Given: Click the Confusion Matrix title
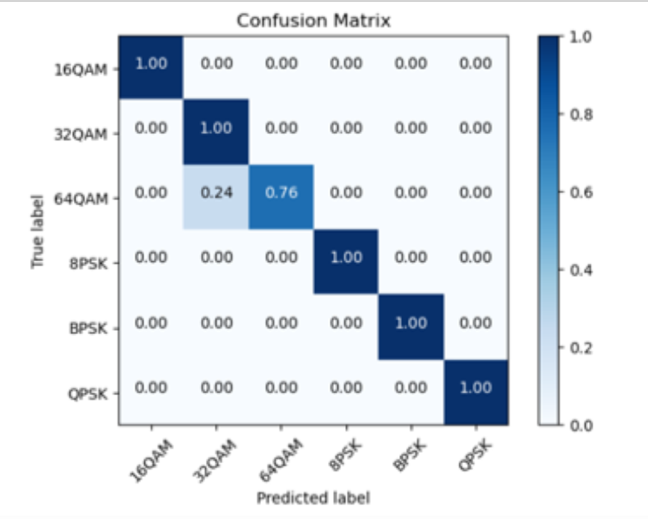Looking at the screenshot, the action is pyautogui.click(x=313, y=20).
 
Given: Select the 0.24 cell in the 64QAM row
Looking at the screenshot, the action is pyautogui.click(x=216, y=196).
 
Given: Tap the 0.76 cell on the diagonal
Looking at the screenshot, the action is pyautogui.click(x=281, y=196).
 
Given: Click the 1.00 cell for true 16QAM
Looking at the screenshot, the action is pyautogui.click(x=151, y=67).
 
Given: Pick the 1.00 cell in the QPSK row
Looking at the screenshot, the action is pyautogui.click(x=476, y=392).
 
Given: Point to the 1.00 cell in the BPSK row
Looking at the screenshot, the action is pyautogui.click(x=411, y=327).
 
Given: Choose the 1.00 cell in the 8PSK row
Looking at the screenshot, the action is pyautogui.click(x=346, y=262).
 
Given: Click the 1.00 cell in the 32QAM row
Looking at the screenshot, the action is pyautogui.click(x=216, y=132).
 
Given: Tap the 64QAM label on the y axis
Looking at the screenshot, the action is pyautogui.click(x=81, y=199).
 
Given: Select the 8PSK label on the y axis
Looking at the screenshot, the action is pyautogui.click(x=88, y=264).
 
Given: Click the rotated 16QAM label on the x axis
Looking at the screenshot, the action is pyautogui.click(x=151, y=461).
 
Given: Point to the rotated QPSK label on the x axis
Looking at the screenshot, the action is pyautogui.click(x=475, y=456).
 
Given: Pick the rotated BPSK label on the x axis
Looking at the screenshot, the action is pyautogui.click(x=410, y=456).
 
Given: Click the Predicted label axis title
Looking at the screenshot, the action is pyautogui.click(x=313, y=498).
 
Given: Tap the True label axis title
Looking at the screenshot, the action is pyautogui.click(x=37, y=231).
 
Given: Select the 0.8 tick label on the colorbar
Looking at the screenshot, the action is pyautogui.click(x=581, y=114).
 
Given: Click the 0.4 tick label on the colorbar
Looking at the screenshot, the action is pyautogui.click(x=581, y=270).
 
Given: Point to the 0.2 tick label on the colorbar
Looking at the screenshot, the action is pyautogui.click(x=581, y=348).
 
